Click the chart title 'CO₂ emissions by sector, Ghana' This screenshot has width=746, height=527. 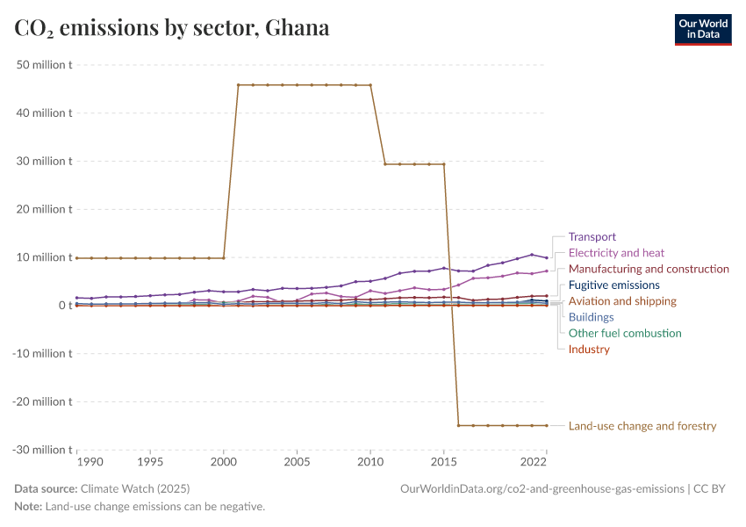point(172,28)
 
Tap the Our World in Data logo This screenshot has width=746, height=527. point(702,29)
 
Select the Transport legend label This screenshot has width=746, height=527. point(592,237)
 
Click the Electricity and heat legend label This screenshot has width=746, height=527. point(616,253)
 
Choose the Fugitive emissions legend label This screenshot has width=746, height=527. point(613,285)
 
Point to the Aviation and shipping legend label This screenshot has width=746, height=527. point(622,301)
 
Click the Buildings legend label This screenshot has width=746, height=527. point(591,317)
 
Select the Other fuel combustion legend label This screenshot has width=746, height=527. point(625,333)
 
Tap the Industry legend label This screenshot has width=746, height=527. point(589,350)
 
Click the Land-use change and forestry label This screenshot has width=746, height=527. point(642,426)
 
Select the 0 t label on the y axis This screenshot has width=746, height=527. point(64,306)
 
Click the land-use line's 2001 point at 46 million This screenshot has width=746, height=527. point(239,85)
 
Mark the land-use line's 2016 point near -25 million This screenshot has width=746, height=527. point(458,425)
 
